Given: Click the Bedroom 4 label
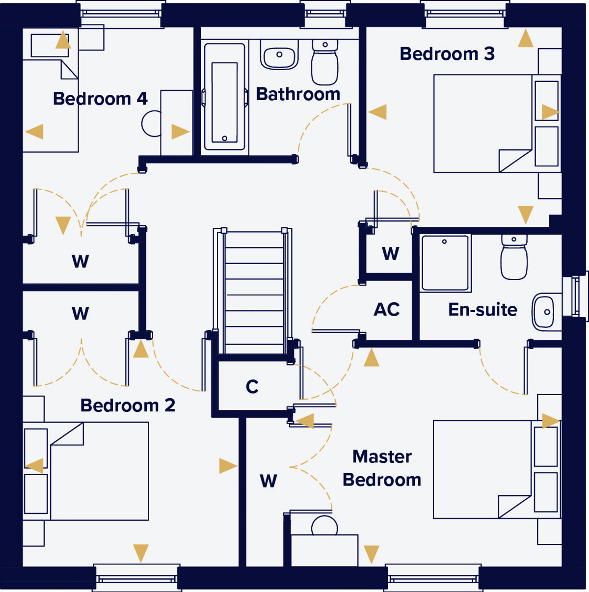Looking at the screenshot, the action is click(x=100, y=99).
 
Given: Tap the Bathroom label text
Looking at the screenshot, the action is click(x=298, y=94).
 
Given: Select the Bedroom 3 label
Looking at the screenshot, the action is click(x=447, y=54).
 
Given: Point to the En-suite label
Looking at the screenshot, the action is click(x=482, y=309).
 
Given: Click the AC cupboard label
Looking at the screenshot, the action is click(x=386, y=309).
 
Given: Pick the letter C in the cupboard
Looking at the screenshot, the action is click(x=252, y=386).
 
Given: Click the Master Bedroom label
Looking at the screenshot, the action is click(x=381, y=468).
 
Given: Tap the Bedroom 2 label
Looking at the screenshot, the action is click(x=128, y=405).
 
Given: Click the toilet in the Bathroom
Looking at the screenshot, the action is click(x=325, y=62).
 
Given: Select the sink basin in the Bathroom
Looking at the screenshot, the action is click(x=279, y=54).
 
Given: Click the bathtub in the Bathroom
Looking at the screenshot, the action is click(x=225, y=97).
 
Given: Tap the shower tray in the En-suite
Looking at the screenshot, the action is click(x=445, y=263).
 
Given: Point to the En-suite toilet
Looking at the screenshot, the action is click(x=514, y=257).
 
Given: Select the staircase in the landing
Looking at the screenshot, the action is click(x=253, y=291).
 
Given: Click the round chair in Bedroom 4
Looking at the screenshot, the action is click(x=151, y=124).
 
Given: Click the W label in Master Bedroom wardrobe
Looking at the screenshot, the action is click(x=268, y=481).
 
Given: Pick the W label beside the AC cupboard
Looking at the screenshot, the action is click(x=391, y=253).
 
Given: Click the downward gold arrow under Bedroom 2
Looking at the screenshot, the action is click(x=141, y=553).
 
